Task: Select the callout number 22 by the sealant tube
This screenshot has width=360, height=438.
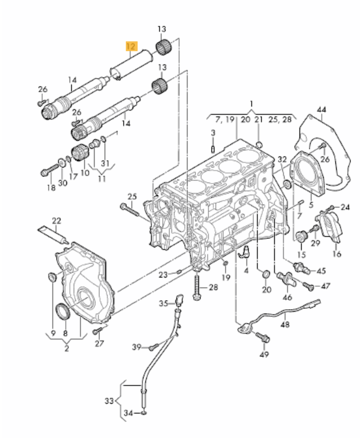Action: (56, 220)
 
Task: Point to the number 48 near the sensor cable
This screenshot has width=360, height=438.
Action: (285, 324)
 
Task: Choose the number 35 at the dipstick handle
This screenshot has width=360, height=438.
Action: (163, 303)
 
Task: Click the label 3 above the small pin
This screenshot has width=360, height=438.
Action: (212, 133)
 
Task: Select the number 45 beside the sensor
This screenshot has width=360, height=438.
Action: (320, 271)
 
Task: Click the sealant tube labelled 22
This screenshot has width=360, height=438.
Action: (52, 234)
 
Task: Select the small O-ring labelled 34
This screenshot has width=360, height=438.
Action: (144, 413)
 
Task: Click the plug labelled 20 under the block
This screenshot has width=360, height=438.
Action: (265, 274)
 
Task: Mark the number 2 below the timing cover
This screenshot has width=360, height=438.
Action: (66, 348)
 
